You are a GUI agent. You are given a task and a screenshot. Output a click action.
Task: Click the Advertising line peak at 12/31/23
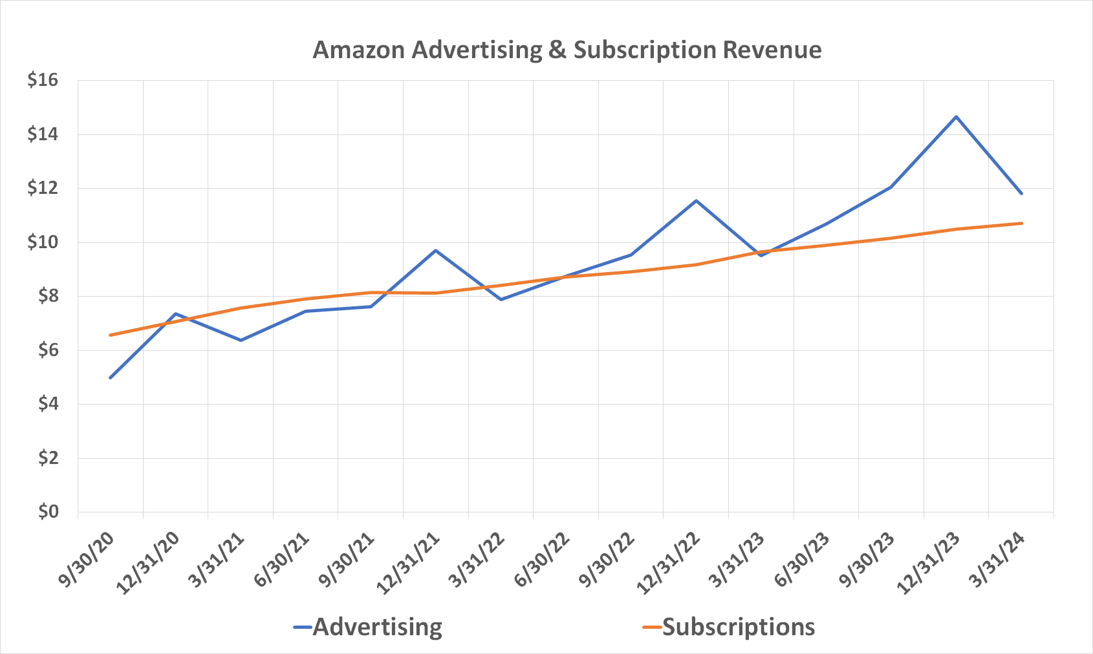956,117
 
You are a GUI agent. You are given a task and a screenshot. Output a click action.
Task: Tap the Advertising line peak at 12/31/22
696,201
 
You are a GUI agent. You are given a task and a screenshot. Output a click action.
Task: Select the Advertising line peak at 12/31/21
436,250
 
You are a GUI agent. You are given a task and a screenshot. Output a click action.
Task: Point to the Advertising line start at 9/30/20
111,377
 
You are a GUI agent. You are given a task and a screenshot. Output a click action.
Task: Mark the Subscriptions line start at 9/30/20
111,335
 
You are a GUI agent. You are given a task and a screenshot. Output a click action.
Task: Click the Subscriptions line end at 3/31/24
1021,224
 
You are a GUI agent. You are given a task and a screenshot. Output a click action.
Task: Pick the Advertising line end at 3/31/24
1021,193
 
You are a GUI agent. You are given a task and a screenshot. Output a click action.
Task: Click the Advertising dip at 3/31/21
241,340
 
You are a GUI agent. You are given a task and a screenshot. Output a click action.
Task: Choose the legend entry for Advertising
377,627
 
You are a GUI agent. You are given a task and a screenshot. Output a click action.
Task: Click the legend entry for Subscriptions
738,627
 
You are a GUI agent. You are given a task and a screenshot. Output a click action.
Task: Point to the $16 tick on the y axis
43,80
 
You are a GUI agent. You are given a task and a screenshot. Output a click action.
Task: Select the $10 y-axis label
43,242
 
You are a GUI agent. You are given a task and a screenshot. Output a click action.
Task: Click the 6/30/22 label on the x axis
541,560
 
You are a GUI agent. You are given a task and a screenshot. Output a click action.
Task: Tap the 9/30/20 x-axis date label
86,560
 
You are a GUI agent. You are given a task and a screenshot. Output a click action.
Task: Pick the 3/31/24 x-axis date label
997,560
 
